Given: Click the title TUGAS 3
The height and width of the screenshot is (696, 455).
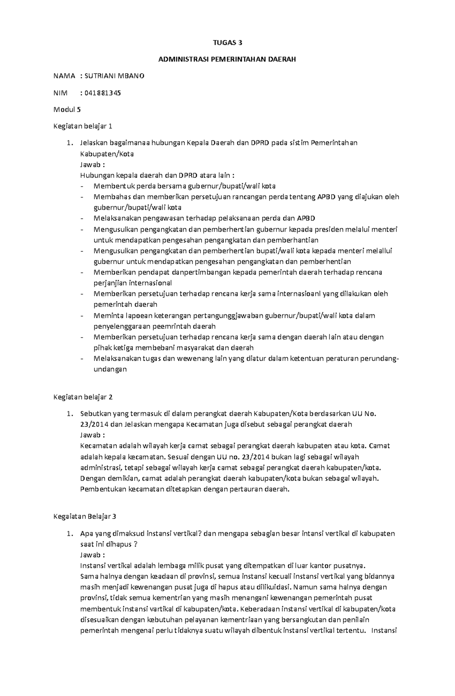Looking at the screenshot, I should [x=227, y=43].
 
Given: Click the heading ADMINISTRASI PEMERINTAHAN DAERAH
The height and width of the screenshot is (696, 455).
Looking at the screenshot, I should [x=227, y=60].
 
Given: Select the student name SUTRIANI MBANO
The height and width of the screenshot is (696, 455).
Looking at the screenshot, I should [x=114, y=76].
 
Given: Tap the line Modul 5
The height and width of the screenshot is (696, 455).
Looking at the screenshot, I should [x=67, y=110].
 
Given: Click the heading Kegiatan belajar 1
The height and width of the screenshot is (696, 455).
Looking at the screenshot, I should [x=83, y=126].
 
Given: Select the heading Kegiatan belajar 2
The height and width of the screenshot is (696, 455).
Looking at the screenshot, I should [x=83, y=397].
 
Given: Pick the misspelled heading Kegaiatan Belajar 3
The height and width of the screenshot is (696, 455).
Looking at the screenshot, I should [x=85, y=517].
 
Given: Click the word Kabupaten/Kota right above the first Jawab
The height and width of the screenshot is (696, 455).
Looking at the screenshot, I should [x=107, y=154].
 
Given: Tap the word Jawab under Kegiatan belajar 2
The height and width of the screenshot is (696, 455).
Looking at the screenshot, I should [x=90, y=435].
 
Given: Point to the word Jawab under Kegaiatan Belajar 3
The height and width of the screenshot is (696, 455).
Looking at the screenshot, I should [x=90, y=555].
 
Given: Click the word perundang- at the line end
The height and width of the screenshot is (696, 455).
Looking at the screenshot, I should [x=379, y=358].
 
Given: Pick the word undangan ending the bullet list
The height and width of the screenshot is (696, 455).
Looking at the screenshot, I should [x=110, y=369].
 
